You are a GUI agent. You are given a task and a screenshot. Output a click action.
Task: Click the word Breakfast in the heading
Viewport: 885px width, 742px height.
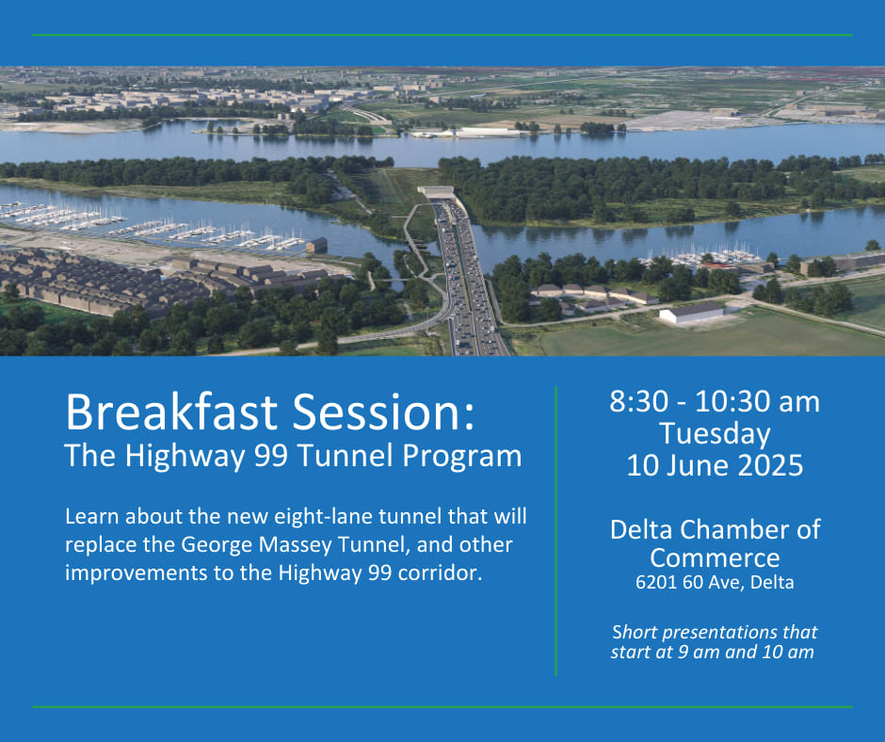[x=171, y=411]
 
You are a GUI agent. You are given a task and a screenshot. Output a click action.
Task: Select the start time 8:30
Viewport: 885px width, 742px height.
[x=639, y=402]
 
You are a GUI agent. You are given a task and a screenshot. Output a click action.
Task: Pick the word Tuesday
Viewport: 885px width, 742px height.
[x=716, y=435]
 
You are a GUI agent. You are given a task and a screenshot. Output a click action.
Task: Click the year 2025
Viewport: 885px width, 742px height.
[x=770, y=466]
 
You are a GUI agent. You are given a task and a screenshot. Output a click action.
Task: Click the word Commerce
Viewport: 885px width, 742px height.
[x=715, y=557]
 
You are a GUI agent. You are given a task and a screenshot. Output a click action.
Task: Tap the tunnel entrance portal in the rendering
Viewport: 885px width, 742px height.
[x=436, y=192]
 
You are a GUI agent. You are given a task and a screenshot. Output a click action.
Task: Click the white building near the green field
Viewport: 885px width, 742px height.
[x=691, y=313]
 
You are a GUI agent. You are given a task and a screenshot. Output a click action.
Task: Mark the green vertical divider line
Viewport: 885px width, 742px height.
[x=555, y=531]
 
